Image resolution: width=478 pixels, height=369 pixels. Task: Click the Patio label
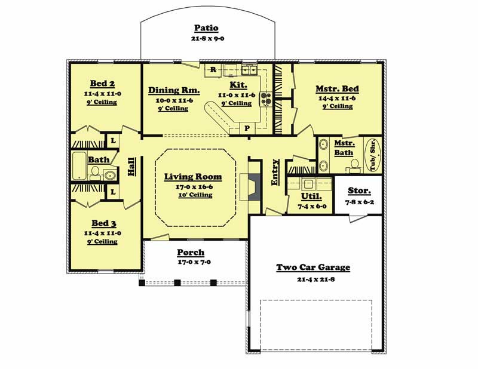tap(206, 28)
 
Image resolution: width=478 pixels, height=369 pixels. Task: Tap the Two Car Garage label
tap(312, 267)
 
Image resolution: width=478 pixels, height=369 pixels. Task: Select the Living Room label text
tap(193, 177)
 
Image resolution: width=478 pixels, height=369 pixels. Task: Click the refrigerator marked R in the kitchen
tap(213, 70)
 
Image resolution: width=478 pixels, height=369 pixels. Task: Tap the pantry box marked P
tap(247, 128)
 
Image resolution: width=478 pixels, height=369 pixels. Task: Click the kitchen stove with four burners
tap(265, 99)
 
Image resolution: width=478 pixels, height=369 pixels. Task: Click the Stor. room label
tap(359, 191)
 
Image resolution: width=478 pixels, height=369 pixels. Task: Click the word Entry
tap(275, 173)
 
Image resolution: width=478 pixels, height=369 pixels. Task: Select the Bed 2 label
tap(102, 83)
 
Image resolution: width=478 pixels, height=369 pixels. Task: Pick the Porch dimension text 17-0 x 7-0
tap(191, 262)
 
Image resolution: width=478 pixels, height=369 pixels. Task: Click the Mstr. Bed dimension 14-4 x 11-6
tap(337, 98)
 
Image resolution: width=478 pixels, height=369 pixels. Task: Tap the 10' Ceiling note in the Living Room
tap(193, 195)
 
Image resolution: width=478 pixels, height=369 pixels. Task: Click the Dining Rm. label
tap(174, 91)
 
